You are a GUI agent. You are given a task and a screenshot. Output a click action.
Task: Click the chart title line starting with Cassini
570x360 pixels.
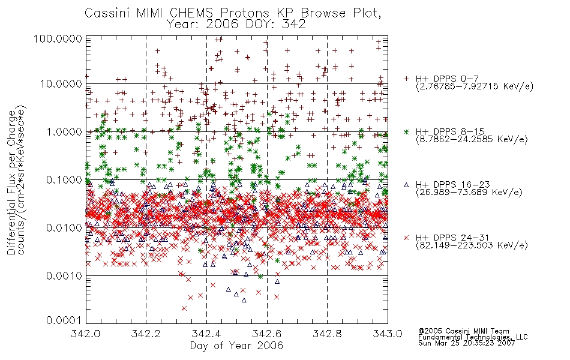click(233, 13)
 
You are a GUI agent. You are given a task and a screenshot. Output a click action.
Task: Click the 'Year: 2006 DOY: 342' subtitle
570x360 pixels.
click(236, 25)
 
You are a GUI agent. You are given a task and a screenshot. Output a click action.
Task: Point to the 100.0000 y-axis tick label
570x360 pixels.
click(58, 38)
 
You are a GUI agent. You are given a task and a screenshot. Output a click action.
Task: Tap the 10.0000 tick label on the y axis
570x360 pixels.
click(61, 84)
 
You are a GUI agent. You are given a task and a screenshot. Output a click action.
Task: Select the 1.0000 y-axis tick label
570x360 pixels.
click(64, 131)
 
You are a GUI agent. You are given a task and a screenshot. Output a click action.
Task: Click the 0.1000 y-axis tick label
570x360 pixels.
click(64, 179)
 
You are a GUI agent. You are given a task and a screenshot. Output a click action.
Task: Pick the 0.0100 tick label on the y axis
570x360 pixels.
click(64, 228)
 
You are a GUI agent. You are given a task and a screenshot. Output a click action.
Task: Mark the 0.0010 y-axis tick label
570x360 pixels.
click(64, 276)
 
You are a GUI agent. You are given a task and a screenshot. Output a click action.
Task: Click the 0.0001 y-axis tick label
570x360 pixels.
click(64, 320)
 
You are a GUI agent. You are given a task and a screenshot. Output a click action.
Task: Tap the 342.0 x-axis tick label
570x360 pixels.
click(85, 334)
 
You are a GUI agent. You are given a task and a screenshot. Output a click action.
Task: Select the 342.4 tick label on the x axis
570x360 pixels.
click(206, 334)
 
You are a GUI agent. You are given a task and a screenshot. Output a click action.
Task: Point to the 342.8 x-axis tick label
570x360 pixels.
click(327, 334)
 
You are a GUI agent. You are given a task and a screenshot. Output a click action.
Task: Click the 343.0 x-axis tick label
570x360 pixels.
click(388, 334)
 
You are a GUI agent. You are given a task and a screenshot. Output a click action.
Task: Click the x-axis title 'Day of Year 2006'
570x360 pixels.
click(236, 346)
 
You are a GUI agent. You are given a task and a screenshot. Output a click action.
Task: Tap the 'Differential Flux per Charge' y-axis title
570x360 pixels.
click(12, 182)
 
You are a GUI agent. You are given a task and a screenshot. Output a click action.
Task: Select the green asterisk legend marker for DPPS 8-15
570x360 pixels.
click(406, 131)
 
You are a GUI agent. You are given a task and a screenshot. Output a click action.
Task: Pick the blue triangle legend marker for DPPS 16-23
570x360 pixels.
click(406, 185)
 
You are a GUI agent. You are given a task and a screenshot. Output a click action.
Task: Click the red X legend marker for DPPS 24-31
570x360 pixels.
click(406, 238)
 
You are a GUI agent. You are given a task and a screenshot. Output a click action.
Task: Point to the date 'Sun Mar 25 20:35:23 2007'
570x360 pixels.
click(466, 343)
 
